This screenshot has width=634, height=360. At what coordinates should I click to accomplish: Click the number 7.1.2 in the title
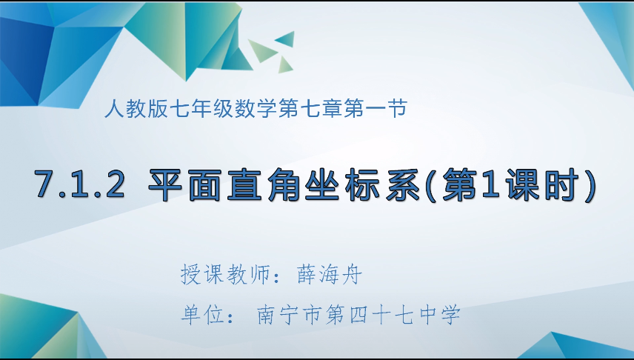coord(80,184)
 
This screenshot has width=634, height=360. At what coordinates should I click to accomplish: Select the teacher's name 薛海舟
coord(329,274)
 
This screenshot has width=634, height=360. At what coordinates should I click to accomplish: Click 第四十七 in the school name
coord(370,315)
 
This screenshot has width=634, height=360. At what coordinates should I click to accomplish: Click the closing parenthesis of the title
coord(590,185)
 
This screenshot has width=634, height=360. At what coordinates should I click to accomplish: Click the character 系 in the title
coord(401,185)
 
